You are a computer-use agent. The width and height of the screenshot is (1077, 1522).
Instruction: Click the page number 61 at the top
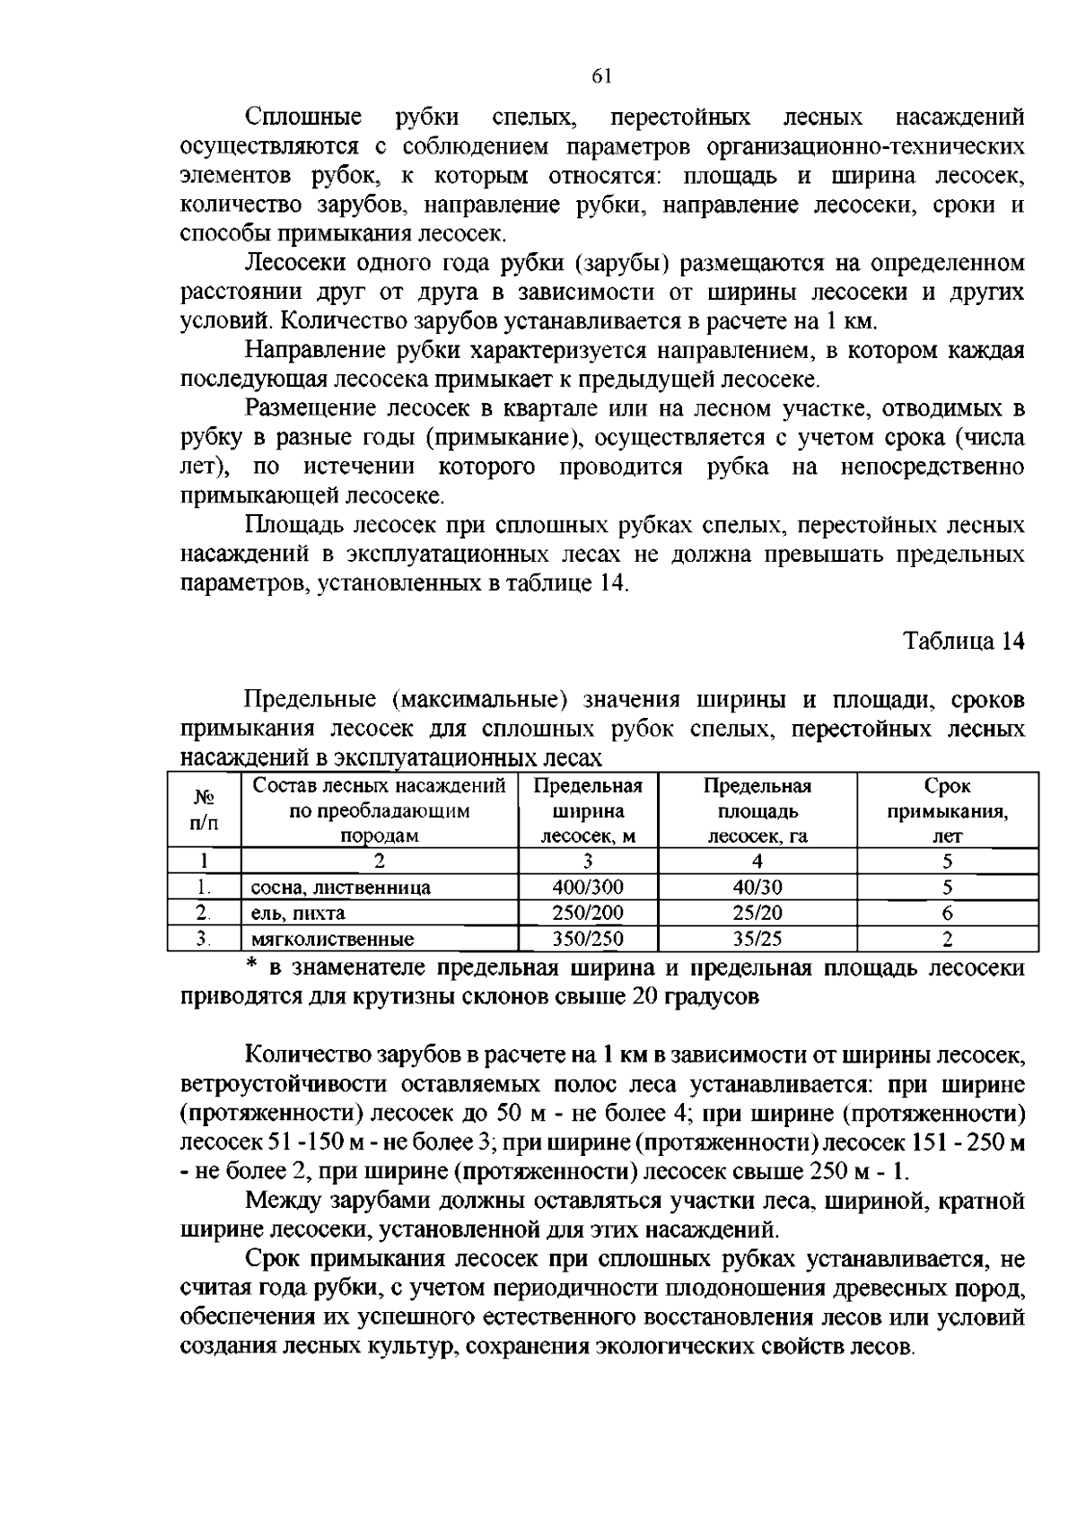coord(601,77)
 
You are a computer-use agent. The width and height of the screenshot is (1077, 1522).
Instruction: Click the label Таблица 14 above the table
coord(963,642)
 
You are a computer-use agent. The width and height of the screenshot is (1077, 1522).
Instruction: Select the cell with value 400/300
coord(588,888)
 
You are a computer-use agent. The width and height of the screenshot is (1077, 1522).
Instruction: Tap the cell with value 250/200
coord(588,914)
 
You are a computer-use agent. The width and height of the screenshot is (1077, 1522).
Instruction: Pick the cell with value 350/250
coord(588,940)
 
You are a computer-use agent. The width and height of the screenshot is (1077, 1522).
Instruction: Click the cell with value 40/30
coord(757,888)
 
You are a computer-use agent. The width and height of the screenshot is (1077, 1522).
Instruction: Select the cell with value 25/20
coord(757,914)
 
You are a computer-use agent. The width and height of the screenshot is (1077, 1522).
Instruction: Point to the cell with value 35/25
coord(757,940)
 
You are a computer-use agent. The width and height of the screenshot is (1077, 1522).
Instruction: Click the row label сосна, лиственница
coord(340,888)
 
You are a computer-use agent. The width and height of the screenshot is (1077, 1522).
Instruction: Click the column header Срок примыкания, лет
coord(947,811)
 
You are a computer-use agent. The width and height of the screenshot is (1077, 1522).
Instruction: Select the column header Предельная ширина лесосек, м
coord(588,811)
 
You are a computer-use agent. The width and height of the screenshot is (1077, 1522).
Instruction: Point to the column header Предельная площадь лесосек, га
coord(757,811)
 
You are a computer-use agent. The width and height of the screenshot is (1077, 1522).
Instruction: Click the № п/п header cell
coord(204,809)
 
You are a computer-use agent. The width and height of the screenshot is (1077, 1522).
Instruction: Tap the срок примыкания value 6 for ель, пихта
coord(947,914)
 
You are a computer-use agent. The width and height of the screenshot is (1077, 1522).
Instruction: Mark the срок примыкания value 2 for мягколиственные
coord(947,940)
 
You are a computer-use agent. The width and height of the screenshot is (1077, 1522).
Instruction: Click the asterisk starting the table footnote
coord(252,967)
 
